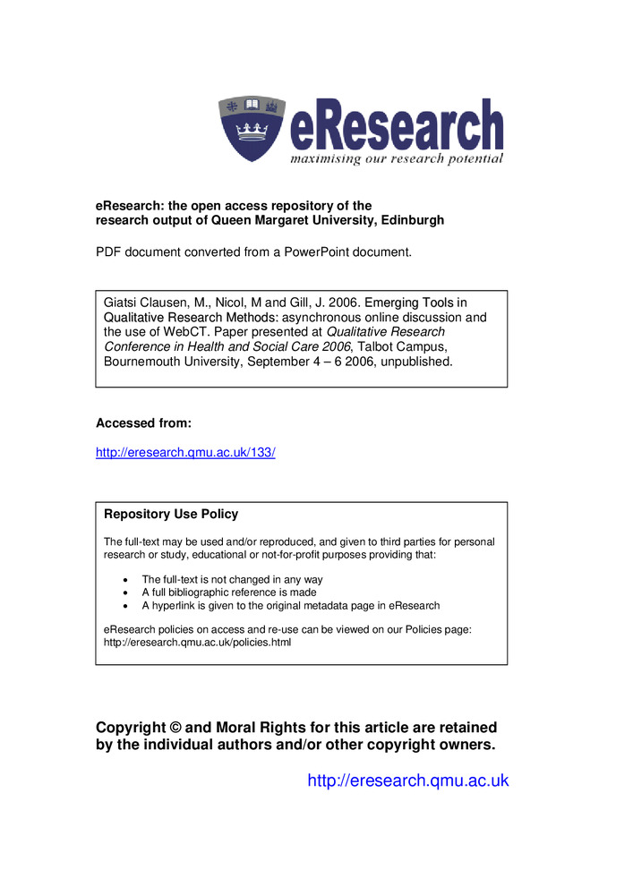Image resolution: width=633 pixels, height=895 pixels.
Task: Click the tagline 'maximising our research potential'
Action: point(396,158)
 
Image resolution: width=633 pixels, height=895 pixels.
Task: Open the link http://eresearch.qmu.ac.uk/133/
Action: point(185,453)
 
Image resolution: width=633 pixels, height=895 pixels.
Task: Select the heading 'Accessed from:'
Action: point(143,423)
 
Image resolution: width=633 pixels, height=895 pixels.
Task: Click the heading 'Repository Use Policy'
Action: point(171,515)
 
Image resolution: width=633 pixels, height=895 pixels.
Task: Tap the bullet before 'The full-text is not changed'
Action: point(124,580)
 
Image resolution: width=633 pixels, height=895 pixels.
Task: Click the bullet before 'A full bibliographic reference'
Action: point(124,592)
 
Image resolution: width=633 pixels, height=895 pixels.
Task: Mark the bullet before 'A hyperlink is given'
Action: point(124,606)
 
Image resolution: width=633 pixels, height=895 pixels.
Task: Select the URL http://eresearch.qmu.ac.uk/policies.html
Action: point(198,643)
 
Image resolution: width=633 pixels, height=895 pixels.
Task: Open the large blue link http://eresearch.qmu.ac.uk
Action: point(407,780)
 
